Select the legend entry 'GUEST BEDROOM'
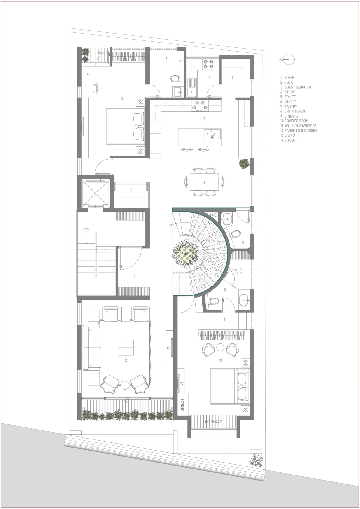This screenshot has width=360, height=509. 298,87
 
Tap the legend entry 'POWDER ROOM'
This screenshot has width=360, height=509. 296,121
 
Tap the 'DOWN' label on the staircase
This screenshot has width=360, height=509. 86,229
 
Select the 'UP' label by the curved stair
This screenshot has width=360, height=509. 171,226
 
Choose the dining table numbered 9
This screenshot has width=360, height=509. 204,182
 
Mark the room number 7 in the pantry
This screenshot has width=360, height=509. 232,78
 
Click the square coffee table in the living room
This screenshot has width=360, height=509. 126,347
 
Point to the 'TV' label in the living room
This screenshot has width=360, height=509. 169,349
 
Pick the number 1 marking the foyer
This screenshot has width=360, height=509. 134,276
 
